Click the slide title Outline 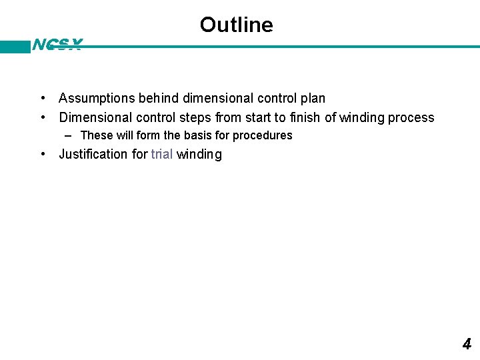coord(236,25)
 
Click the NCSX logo coord(57,45)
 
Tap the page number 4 coord(467,344)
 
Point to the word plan coord(313,99)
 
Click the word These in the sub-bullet coord(97,135)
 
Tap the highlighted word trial coord(162,155)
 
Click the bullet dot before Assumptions coord(43,99)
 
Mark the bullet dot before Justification coord(43,155)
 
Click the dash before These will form coord(69,135)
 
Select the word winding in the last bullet coord(199,155)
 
